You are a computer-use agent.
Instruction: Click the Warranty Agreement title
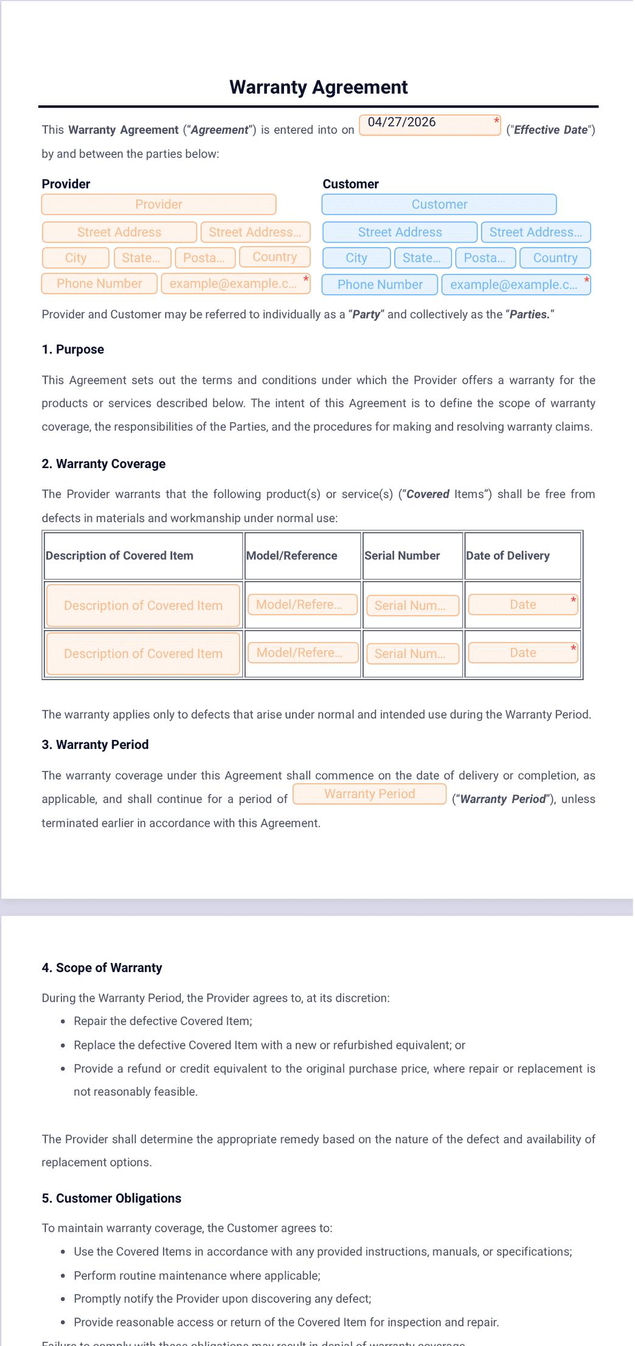tap(318, 88)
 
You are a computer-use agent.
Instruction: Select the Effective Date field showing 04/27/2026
tap(429, 125)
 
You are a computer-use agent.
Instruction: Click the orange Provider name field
tap(159, 204)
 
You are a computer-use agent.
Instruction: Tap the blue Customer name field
tap(439, 204)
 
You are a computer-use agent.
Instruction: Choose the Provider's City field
tap(76, 258)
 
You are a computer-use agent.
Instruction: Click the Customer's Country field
tap(555, 258)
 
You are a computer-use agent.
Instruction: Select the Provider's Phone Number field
tap(99, 283)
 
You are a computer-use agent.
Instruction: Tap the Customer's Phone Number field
tap(380, 285)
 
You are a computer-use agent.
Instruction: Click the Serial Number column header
tap(402, 556)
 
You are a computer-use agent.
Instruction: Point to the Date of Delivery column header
tap(507, 556)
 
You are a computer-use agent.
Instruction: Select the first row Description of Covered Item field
tap(143, 606)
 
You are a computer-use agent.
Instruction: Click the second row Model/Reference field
tap(302, 653)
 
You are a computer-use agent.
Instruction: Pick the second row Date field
tap(522, 653)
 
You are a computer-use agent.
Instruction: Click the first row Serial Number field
tap(412, 606)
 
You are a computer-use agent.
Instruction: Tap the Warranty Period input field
tap(369, 794)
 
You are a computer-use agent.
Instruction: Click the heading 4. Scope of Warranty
tap(102, 968)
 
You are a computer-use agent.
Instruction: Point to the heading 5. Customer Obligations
tap(111, 1198)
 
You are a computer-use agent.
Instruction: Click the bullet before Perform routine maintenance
tap(63, 1275)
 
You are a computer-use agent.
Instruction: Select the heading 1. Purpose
tap(72, 350)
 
